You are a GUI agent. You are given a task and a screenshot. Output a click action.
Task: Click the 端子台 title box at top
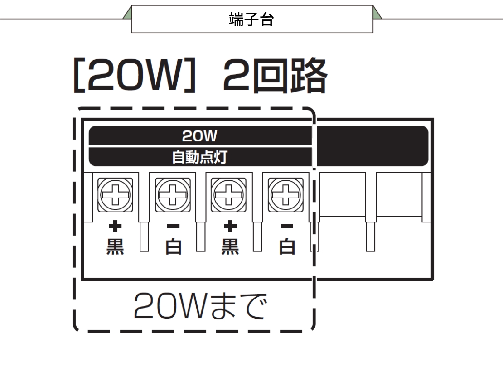point(252,19)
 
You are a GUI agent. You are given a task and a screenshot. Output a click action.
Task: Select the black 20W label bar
point(200,135)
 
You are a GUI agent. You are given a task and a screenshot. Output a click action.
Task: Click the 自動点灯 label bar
point(200,157)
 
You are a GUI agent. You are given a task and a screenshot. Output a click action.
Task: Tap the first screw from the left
point(115,195)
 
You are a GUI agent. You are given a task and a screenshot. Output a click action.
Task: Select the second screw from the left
point(173,195)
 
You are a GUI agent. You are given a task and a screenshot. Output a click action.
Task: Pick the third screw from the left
point(229,195)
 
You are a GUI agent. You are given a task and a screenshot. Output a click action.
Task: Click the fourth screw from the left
point(285,195)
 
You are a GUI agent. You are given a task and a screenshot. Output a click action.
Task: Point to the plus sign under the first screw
point(115,226)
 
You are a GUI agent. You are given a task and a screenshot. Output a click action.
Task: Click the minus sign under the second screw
point(173,226)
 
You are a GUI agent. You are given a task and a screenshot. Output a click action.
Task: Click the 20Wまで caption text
point(199,307)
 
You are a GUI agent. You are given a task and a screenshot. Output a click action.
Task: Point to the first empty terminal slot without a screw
point(343,195)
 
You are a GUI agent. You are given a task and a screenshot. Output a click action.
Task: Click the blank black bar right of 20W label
point(372,146)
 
